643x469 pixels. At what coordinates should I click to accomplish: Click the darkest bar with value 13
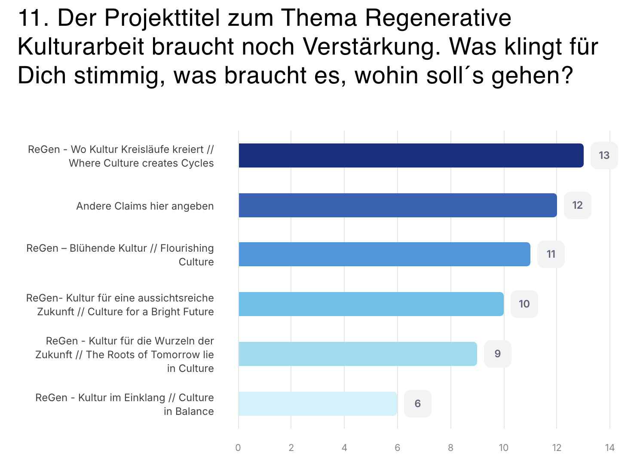click(411, 155)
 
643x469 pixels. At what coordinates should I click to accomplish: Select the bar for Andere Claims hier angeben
click(398, 205)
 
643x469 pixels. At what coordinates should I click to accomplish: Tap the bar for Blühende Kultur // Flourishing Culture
click(384, 254)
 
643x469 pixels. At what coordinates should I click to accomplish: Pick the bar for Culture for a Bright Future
click(371, 304)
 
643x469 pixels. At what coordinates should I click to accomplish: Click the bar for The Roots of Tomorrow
click(358, 354)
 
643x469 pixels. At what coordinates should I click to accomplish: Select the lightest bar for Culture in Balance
click(318, 404)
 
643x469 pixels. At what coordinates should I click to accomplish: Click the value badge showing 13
click(604, 155)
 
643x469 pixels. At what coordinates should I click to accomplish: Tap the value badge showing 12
click(577, 205)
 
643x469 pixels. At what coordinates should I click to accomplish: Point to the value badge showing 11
click(551, 254)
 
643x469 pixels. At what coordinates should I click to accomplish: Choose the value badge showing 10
click(524, 304)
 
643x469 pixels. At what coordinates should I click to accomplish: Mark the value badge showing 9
click(497, 354)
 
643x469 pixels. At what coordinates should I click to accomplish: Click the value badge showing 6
click(417, 404)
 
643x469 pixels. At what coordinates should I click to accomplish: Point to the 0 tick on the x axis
click(238, 448)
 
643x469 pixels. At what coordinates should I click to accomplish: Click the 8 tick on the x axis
click(450, 448)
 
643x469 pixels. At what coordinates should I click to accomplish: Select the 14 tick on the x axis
click(609, 448)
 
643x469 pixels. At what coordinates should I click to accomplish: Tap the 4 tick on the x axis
click(344, 448)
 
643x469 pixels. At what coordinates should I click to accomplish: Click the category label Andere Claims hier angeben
click(145, 206)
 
